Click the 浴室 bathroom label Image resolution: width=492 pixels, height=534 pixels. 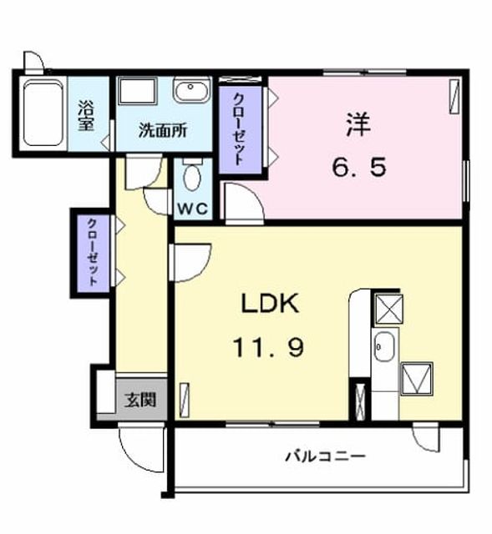(x=86, y=115)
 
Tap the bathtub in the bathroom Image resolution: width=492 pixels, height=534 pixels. (x=43, y=113)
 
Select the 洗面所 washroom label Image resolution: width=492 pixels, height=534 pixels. (x=163, y=131)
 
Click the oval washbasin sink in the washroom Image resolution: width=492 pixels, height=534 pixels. (x=190, y=89)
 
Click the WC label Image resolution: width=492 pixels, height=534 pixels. (x=193, y=209)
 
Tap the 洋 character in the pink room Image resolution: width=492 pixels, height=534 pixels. (x=358, y=125)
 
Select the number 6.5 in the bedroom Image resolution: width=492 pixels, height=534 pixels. (x=359, y=168)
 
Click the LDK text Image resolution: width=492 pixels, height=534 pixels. (x=270, y=304)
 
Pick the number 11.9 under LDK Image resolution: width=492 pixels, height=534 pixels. (x=268, y=347)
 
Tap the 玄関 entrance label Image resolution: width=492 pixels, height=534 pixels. (x=140, y=400)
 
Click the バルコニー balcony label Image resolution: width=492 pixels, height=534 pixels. (x=325, y=456)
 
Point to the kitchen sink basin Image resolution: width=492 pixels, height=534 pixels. (x=384, y=347)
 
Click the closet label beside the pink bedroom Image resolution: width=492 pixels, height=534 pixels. (x=240, y=129)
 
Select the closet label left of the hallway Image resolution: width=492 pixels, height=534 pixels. (x=93, y=252)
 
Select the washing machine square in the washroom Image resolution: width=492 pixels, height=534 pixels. (x=138, y=91)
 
